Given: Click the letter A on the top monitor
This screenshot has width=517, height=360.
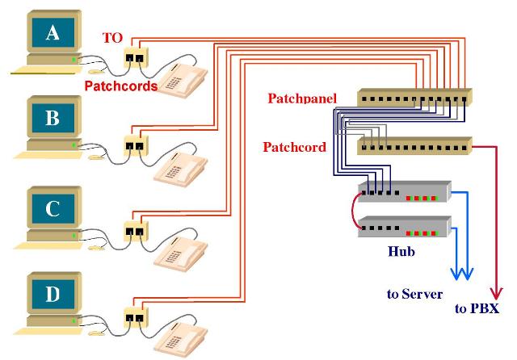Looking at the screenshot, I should point(53,32).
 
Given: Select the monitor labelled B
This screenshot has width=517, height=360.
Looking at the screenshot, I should point(53,119).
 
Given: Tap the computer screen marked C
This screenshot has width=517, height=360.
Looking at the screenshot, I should point(53,209).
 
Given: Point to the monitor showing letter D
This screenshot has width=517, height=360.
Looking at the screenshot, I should point(53,295).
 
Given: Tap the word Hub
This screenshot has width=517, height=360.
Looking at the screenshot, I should point(401,252).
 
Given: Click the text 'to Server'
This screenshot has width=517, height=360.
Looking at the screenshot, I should point(414,294).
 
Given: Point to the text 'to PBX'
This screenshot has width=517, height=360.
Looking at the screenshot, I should point(476,309).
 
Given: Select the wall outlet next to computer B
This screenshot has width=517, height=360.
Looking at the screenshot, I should point(133,145).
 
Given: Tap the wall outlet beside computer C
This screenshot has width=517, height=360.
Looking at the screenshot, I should point(133,231).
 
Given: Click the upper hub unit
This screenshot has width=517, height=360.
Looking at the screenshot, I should point(404,192).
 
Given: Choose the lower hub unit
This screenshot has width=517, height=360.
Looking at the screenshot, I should point(404,228).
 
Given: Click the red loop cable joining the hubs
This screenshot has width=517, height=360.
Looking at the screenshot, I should point(351,211).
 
